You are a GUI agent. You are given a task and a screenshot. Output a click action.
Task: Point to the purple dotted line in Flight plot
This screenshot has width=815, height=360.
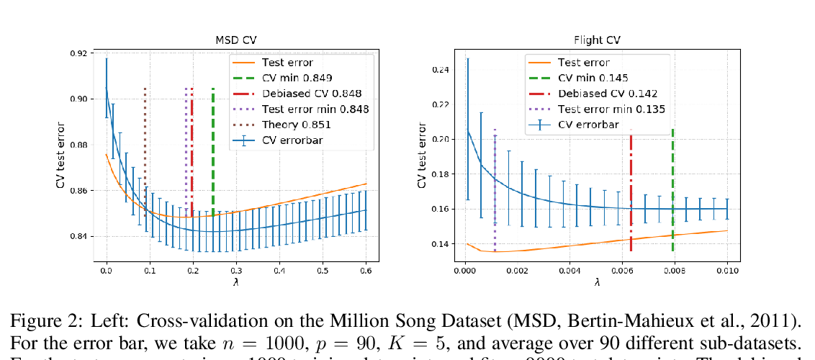click(x=495, y=187)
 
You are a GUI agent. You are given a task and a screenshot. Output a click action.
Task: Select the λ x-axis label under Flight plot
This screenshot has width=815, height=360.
click(x=597, y=283)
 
